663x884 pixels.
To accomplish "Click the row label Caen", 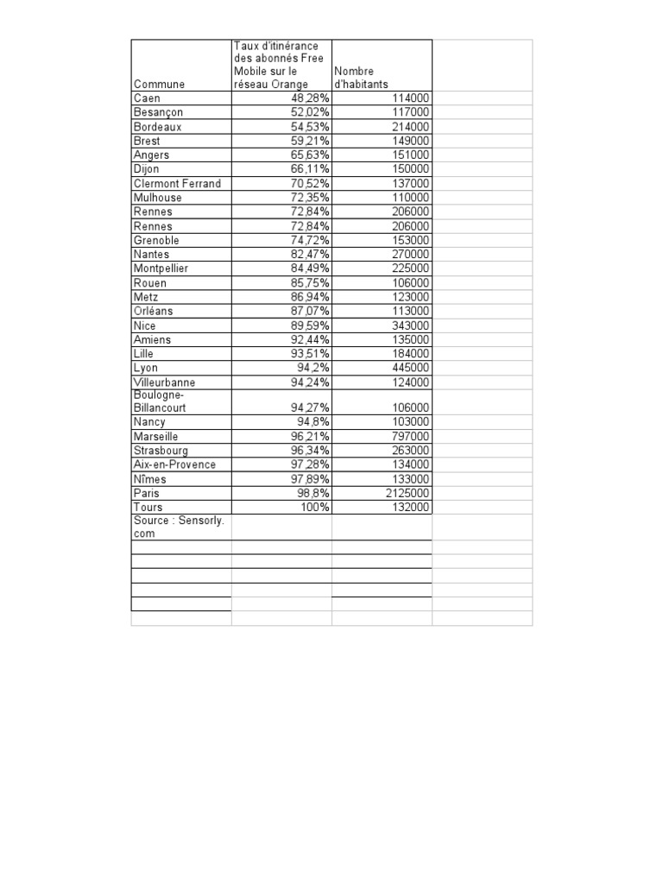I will coord(147,98).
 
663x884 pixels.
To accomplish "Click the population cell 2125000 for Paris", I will coord(405,493).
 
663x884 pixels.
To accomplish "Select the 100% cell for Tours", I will coord(314,508).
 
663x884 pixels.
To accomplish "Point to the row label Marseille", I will coord(156,437).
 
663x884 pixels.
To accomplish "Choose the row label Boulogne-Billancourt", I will coord(160,401).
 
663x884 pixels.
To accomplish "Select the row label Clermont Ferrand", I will coord(177,184).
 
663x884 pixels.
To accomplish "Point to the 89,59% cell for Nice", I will coord(310,325).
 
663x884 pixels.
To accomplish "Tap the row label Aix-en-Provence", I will coord(174,464).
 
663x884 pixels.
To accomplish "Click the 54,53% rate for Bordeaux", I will coord(310,127).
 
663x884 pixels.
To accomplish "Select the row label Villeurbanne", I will coord(164,382).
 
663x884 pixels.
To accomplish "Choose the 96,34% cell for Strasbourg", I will coord(310,451).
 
